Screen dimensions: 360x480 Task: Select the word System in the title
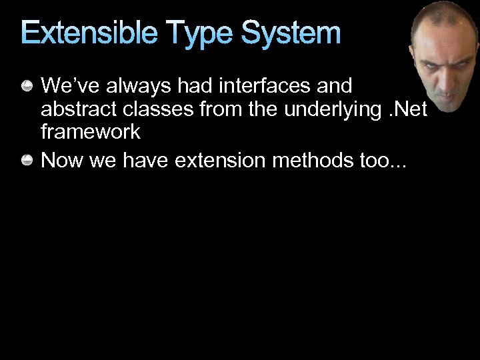click(x=291, y=33)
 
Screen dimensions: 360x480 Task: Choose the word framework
click(x=90, y=131)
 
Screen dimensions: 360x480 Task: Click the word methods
click(x=301, y=161)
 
